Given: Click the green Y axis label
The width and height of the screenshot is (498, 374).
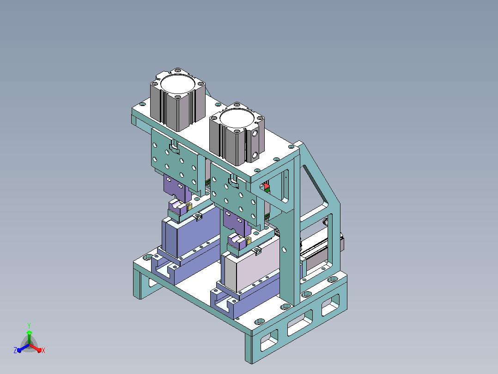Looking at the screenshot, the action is [x=29, y=325].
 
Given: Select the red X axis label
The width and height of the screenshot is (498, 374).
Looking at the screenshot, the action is [x=43, y=350].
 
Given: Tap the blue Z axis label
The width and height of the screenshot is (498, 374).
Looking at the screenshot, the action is [x=15, y=350].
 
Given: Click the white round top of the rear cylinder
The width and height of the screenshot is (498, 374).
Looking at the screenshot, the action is [x=177, y=84].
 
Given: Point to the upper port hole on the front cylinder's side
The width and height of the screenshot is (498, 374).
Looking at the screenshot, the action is [x=255, y=134].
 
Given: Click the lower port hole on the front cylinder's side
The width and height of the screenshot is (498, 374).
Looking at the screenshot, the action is [x=255, y=156].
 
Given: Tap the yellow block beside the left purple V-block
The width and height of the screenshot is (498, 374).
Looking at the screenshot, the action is [x=189, y=206].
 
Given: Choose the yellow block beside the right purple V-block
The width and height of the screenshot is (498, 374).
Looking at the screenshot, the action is [x=248, y=241].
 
